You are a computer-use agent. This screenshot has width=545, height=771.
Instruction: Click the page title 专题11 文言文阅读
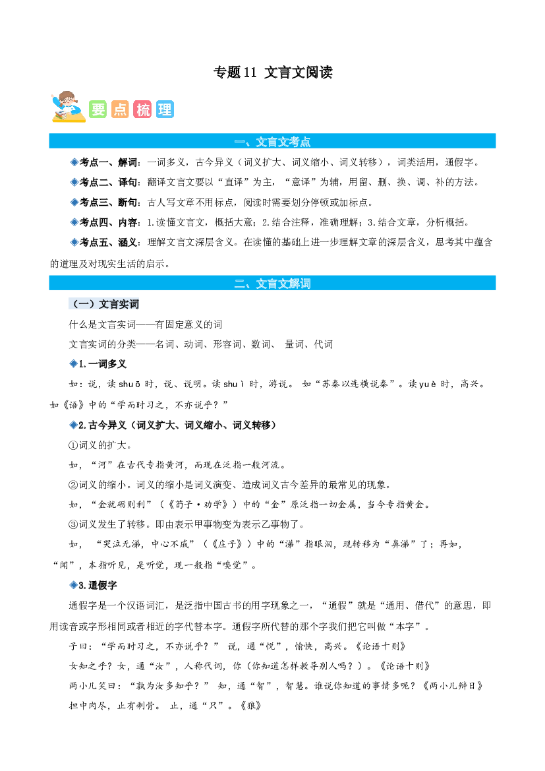273,73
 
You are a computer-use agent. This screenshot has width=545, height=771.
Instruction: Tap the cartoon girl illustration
69,106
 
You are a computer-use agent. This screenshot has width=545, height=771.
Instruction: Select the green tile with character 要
98,109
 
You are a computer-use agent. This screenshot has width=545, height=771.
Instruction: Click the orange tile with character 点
120,109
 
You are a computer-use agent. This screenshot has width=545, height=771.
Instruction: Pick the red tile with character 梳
142,109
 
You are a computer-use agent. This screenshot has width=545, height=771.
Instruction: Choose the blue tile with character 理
165,109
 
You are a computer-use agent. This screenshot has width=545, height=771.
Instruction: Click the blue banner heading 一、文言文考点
272,142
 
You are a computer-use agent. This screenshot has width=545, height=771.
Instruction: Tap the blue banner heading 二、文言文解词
272,283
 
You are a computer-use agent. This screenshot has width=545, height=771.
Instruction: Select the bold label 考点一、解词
109,162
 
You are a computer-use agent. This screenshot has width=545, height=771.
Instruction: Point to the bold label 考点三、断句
109,202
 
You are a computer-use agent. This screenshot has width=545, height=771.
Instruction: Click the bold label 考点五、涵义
109,242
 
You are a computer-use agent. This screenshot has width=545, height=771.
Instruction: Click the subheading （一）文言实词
104,304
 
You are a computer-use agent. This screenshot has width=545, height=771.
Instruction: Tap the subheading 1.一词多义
103,364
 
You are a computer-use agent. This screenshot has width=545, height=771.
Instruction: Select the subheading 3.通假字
98,585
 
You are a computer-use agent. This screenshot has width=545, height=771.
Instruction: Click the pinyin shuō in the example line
130,384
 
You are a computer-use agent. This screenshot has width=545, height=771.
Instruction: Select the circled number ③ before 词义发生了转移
74,524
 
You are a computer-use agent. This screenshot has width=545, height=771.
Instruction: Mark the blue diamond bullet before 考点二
74,182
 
